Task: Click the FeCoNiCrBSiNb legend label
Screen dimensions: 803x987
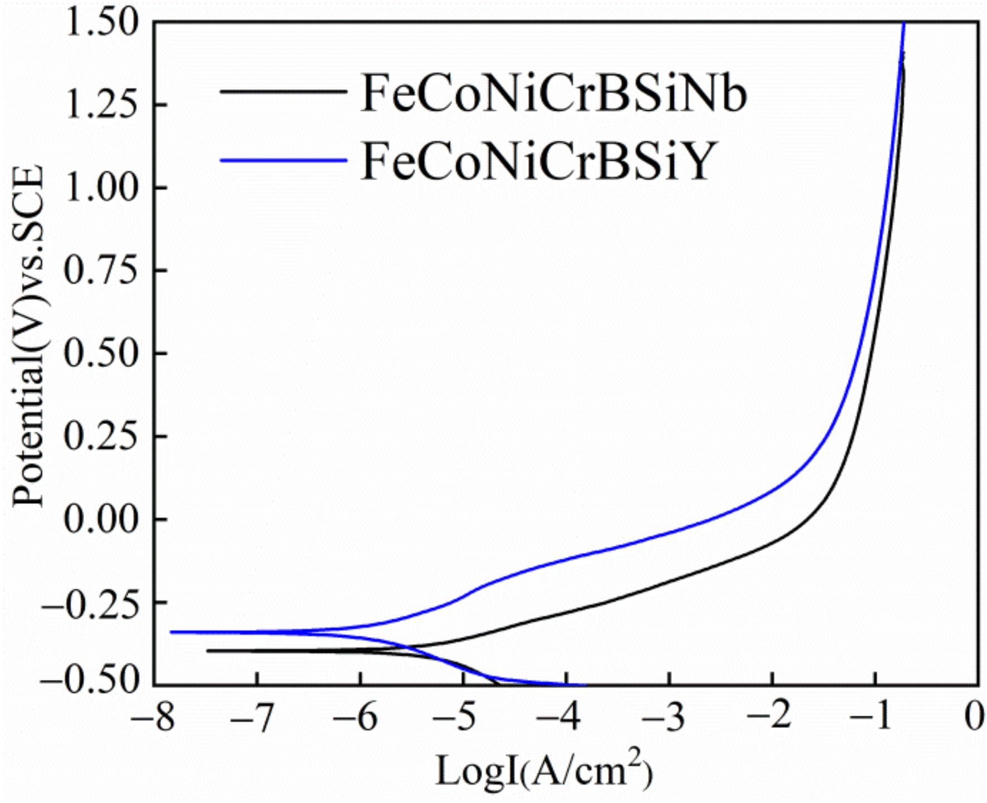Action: tap(554, 93)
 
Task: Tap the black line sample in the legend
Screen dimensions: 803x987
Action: tap(283, 91)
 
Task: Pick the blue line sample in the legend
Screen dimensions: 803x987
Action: tap(283, 161)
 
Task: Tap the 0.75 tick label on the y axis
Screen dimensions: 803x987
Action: tap(101, 270)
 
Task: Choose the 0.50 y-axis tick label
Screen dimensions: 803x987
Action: tap(101, 353)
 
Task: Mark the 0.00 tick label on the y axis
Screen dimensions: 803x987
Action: tap(101, 519)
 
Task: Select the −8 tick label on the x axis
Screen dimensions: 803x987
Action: tap(153, 718)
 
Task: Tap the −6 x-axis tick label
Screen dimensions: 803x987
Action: tap(359, 718)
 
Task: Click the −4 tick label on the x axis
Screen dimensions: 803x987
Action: tap(564, 718)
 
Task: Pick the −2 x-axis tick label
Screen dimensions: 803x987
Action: tap(770, 718)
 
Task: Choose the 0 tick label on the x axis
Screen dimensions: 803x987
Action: tap(974, 718)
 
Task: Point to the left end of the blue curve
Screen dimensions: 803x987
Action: tap(171, 632)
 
